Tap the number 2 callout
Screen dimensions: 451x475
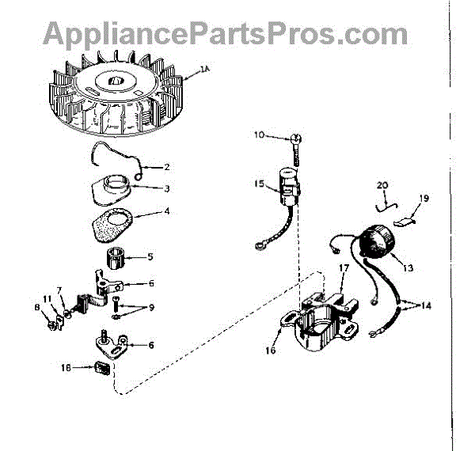(x=166, y=166)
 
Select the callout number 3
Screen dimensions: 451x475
(x=167, y=188)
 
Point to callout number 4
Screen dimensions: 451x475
(x=167, y=211)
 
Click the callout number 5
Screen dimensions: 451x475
(x=151, y=256)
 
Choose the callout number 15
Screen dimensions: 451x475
(x=259, y=184)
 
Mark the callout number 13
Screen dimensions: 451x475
(x=408, y=268)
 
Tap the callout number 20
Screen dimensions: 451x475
(x=382, y=186)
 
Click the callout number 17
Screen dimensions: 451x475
(x=343, y=268)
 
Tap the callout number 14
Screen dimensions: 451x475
(x=427, y=305)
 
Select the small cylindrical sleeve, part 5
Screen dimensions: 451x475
(x=117, y=256)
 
